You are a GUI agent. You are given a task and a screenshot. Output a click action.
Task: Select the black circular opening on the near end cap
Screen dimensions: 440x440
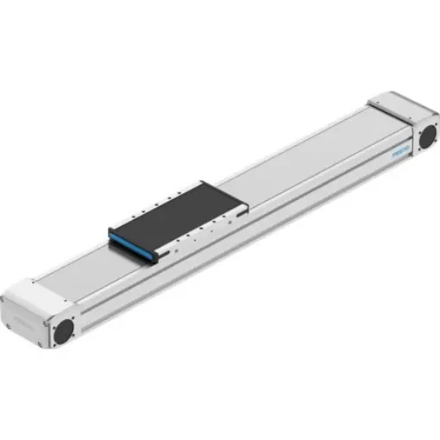[61, 330]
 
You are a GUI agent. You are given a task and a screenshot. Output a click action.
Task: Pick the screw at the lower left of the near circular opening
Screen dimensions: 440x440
[51, 340]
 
